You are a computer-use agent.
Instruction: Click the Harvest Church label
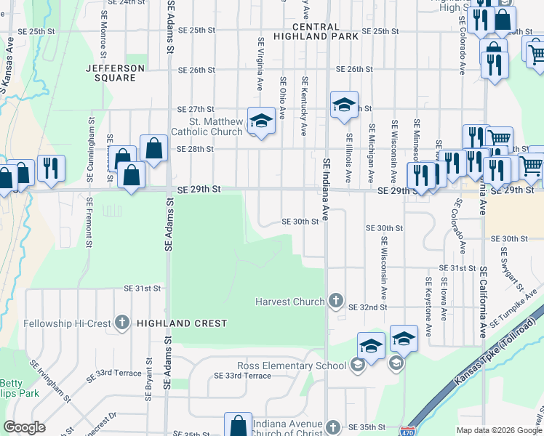tap(289, 302)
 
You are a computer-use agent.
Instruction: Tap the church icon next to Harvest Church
tap(335, 300)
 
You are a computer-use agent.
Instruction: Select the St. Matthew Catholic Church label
tap(206, 126)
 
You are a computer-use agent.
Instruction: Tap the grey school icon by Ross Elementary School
tap(357, 366)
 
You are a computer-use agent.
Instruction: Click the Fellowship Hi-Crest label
tap(67, 323)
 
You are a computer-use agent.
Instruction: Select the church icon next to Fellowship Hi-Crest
tap(121, 322)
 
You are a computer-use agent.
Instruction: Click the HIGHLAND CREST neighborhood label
tap(182, 323)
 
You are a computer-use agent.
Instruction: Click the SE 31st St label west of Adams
tap(142, 288)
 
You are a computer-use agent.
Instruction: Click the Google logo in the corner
tap(24, 427)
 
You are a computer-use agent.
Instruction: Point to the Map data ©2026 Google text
tap(498, 430)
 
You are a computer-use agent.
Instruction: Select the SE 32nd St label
tap(367, 307)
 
